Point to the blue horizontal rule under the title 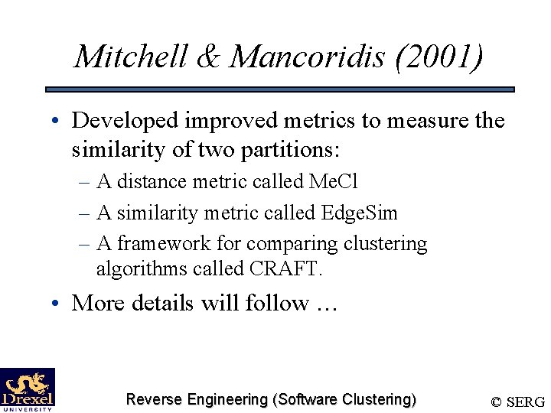[280, 89]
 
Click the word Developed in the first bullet [127, 121]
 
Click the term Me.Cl [332, 182]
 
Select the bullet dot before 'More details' [57, 304]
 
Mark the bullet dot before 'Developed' [57, 121]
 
